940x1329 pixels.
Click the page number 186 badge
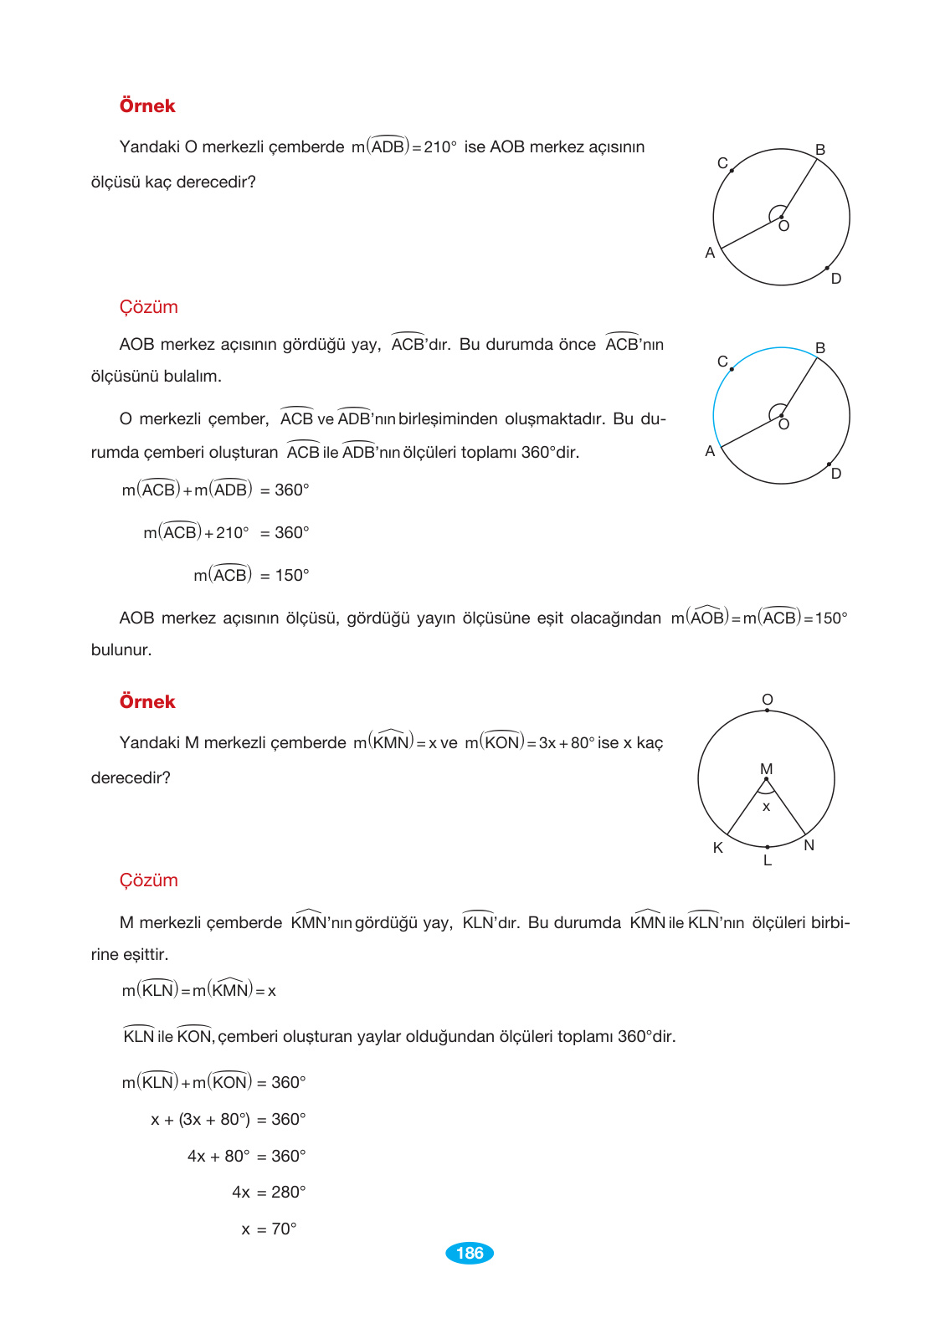click(470, 1253)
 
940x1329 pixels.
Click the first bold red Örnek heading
click(147, 106)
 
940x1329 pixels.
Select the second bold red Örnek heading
click(147, 702)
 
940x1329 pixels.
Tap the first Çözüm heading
click(148, 307)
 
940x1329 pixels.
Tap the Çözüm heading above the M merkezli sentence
click(148, 880)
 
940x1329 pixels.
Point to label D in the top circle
click(836, 279)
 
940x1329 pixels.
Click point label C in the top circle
click(722, 163)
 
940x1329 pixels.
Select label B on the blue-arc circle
click(820, 347)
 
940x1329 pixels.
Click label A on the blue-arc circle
click(710, 451)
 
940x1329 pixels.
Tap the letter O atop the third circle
click(768, 700)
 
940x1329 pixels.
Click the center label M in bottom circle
click(766, 768)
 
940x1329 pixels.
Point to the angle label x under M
click(766, 808)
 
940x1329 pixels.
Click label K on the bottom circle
click(717, 848)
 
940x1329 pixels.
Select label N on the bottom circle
click(809, 845)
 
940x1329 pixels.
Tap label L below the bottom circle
click(768, 860)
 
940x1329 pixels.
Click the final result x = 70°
click(269, 1229)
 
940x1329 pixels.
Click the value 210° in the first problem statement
click(440, 147)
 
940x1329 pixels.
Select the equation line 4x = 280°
click(269, 1193)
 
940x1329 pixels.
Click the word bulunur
click(121, 650)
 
